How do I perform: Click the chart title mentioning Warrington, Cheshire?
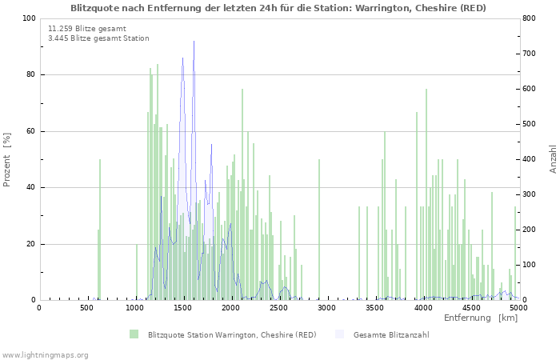coord(278,7)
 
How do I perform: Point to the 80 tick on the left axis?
coord(30,75)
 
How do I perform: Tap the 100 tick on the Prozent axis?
coord(28,18)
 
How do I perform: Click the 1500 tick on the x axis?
coord(183,307)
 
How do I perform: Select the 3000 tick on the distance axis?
coord(327,307)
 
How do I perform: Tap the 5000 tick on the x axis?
coord(518,307)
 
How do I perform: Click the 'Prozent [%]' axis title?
coord(7,159)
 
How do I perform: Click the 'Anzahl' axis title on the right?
coord(554,159)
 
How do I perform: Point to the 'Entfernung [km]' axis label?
coord(480,318)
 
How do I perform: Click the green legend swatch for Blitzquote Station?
coord(134,334)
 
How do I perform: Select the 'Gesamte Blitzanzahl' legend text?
coord(391,334)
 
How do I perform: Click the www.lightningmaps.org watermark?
coord(45,354)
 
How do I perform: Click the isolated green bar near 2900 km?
coord(319,232)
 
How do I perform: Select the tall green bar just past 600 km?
coord(100,232)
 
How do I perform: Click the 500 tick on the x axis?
coord(87,307)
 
